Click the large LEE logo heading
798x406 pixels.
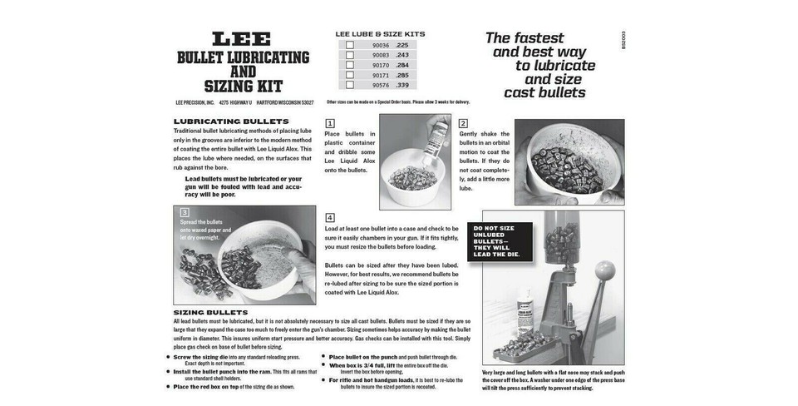(241, 40)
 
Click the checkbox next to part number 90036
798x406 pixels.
(350, 46)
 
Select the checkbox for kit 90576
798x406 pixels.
(350, 85)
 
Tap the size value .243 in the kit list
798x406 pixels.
(401, 56)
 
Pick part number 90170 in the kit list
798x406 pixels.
(381, 65)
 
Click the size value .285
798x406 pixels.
(401, 75)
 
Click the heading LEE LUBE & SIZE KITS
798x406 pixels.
(380, 34)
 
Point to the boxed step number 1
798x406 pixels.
(330, 123)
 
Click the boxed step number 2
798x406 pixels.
(464, 123)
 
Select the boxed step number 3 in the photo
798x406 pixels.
(185, 213)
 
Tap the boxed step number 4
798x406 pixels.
(330, 217)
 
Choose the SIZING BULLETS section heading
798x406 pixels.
(210, 312)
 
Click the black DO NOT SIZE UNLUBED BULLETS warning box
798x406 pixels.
(499, 241)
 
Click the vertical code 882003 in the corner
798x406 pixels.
(623, 40)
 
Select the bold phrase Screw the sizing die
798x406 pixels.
(200, 357)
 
